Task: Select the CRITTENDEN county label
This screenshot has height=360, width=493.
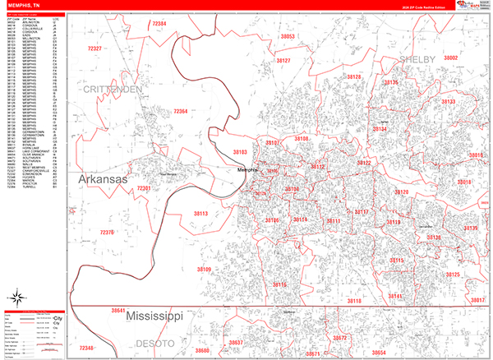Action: coord(112,87)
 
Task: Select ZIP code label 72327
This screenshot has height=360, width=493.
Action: coord(94,49)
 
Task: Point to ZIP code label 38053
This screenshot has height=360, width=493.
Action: coord(287,37)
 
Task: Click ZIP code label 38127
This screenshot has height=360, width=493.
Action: coord(283,61)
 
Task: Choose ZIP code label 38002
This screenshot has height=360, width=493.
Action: coord(450,58)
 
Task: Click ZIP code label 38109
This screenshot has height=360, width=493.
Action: coord(204,269)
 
